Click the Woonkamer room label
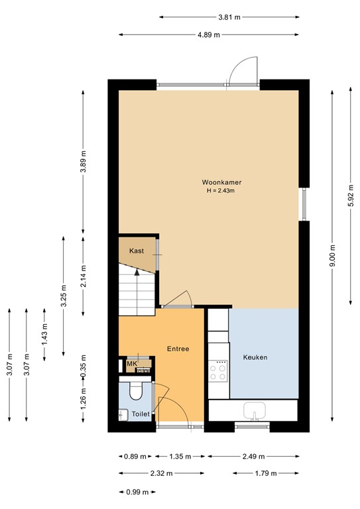click(x=221, y=182)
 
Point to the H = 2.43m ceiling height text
click(x=221, y=191)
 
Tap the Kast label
click(x=137, y=251)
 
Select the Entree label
click(x=178, y=349)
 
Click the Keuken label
click(x=255, y=357)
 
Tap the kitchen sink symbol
click(x=254, y=412)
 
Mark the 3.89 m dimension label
click(x=83, y=162)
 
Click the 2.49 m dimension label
click(x=253, y=456)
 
